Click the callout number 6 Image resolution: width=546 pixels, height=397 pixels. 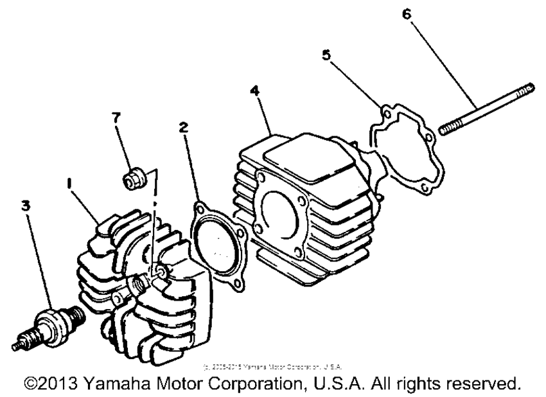point(405,14)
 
